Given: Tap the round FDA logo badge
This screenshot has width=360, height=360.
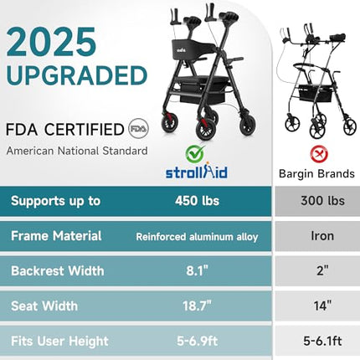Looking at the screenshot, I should tap(136, 130).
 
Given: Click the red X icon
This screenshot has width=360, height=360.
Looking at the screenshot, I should tap(316, 154).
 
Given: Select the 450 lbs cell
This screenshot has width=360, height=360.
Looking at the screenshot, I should tap(197, 202).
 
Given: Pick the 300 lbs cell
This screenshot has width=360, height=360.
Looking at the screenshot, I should tap(316, 202).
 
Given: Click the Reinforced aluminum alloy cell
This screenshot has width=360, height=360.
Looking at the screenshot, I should tap(197, 237).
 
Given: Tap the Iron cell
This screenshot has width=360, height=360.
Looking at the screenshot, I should tap(316, 237).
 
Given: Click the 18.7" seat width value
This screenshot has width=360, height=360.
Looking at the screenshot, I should tap(197, 306).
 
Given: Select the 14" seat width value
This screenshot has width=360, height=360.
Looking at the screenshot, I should tap(316, 306).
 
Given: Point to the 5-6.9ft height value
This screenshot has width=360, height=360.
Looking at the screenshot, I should tap(197, 341).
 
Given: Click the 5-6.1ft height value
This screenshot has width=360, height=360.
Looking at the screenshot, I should tap(316, 341).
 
